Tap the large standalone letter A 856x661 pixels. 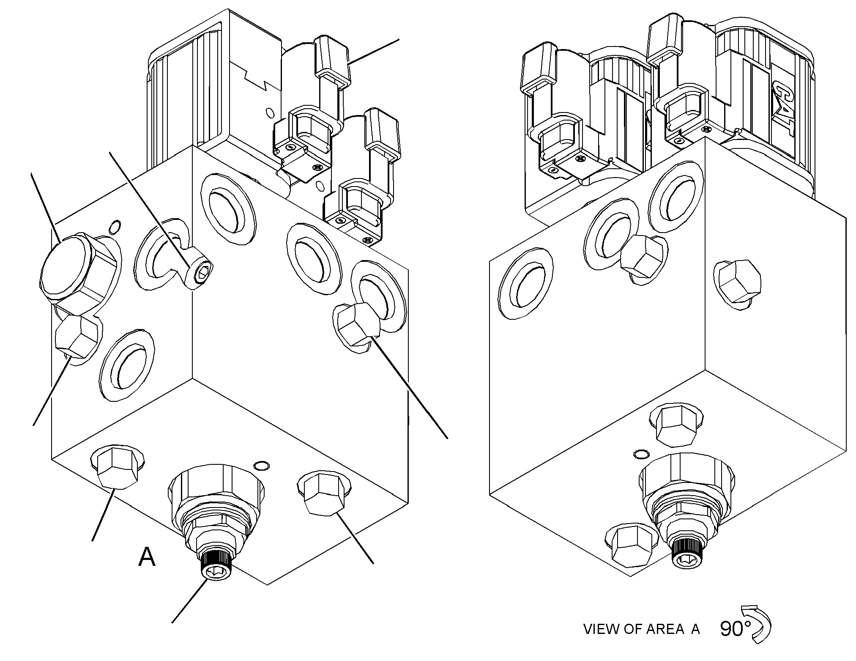pyautogui.click(x=147, y=557)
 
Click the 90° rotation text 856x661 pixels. pyautogui.click(x=735, y=641)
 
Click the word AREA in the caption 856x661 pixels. pyautogui.click(x=665, y=641)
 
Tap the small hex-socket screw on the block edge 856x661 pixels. pyautogui.click(x=201, y=273)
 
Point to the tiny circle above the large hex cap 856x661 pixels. pyautogui.click(x=115, y=227)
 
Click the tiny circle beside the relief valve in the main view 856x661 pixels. pyautogui.click(x=261, y=466)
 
